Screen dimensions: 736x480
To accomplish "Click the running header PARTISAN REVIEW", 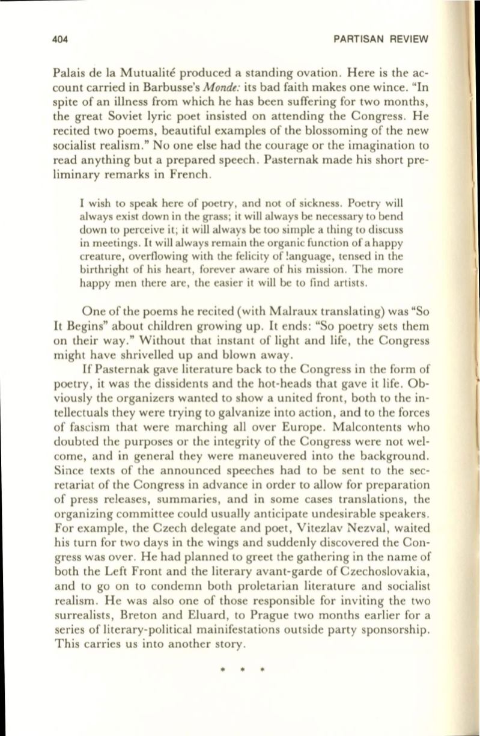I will click(x=382, y=40).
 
